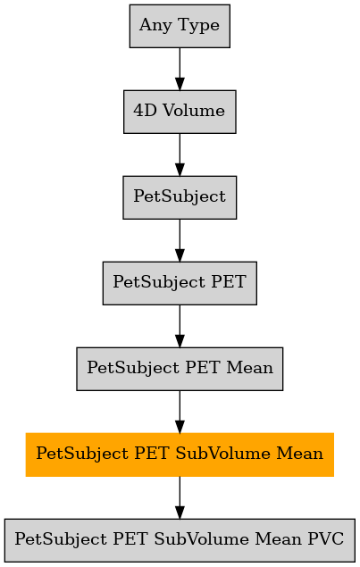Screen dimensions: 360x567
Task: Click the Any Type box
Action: [180, 26]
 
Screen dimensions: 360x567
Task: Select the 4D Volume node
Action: [180, 112]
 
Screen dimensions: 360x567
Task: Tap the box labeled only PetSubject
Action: [180, 197]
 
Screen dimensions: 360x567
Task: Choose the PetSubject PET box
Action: [180, 283]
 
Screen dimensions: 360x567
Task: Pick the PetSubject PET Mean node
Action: [180, 369]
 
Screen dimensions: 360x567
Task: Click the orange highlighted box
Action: [180, 454]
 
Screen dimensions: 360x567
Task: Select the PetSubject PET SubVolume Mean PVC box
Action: [180, 540]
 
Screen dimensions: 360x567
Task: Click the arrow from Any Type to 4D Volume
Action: [180, 69]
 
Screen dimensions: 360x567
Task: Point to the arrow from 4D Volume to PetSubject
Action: [180, 154]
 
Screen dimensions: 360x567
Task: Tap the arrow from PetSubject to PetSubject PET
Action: [180, 240]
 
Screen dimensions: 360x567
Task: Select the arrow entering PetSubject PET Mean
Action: [180, 326]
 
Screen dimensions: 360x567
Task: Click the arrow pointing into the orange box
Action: [180, 412]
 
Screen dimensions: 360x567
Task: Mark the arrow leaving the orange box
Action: [180, 497]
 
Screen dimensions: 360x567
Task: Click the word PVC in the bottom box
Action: [326, 538]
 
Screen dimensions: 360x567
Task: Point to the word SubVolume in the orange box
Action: [222, 453]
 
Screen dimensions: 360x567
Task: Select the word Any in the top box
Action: [155, 26]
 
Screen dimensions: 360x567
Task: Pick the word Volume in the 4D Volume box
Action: [194, 111]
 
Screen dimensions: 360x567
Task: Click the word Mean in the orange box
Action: [300, 453]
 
